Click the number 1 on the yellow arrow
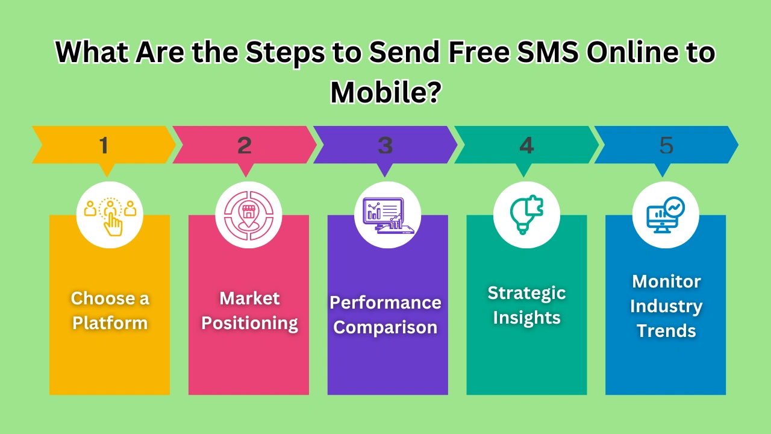pyautogui.click(x=104, y=145)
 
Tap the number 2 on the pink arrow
pyautogui.click(x=245, y=145)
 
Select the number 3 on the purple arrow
pyautogui.click(x=385, y=145)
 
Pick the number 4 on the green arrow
pyautogui.click(x=526, y=145)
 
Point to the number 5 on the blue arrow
pyautogui.click(x=666, y=145)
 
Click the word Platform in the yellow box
pyautogui.click(x=110, y=323)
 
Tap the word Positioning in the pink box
pyautogui.click(x=249, y=323)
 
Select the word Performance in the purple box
pyautogui.click(x=385, y=302)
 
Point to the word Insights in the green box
pyautogui.click(x=526, y=318)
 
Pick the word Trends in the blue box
pyautogui.click(x=666, y=331)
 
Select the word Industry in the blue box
pyautogui.click(x=666, y=306)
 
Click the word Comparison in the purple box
pyautogui.click(x=385, y=327)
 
